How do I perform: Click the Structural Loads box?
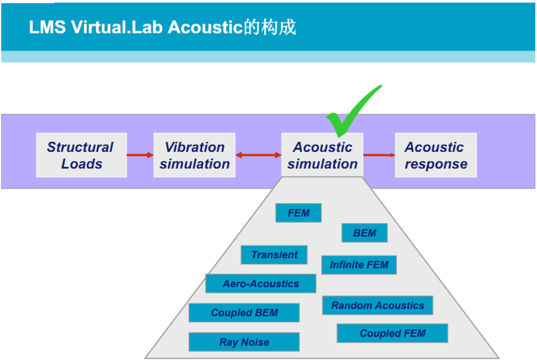pyautogui.click(x=81, y=155)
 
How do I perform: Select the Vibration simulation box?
pyautogui.click(x=194, y=155)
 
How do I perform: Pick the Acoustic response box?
pyautogui.click(x=436, y=155)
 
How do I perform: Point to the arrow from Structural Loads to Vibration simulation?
pyautogui.click(x=140, y=155)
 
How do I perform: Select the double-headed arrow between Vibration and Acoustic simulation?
pyautogui.click(x=258, y=155)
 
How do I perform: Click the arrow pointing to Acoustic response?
pyautogui.click(x=379, y=155)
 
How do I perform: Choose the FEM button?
pyautogui.click(x=298, y=213)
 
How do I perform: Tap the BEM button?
pyautogui.click(x=364, y=233)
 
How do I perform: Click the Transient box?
pyautogui.click(x=274, y=255)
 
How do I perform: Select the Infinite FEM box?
pyautogui.click(x=359, y=265)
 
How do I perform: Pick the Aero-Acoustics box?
pyautogui.click(x=260, y=284)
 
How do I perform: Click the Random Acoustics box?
pyautogui.click(x=377, y=305)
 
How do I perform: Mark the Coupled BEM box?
pyautogui.click(x=244, y=313)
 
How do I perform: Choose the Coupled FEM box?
pyautogui.click(x=392, y=333)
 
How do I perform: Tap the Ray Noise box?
pyautogui.click(x=244, y=342)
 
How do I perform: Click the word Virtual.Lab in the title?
pyautogui.click(x=117, y=27)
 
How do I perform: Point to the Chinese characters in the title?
pyautogui.click(x=270, y=27)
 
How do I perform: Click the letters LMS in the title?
pyautogui.click(x=47, y=27)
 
